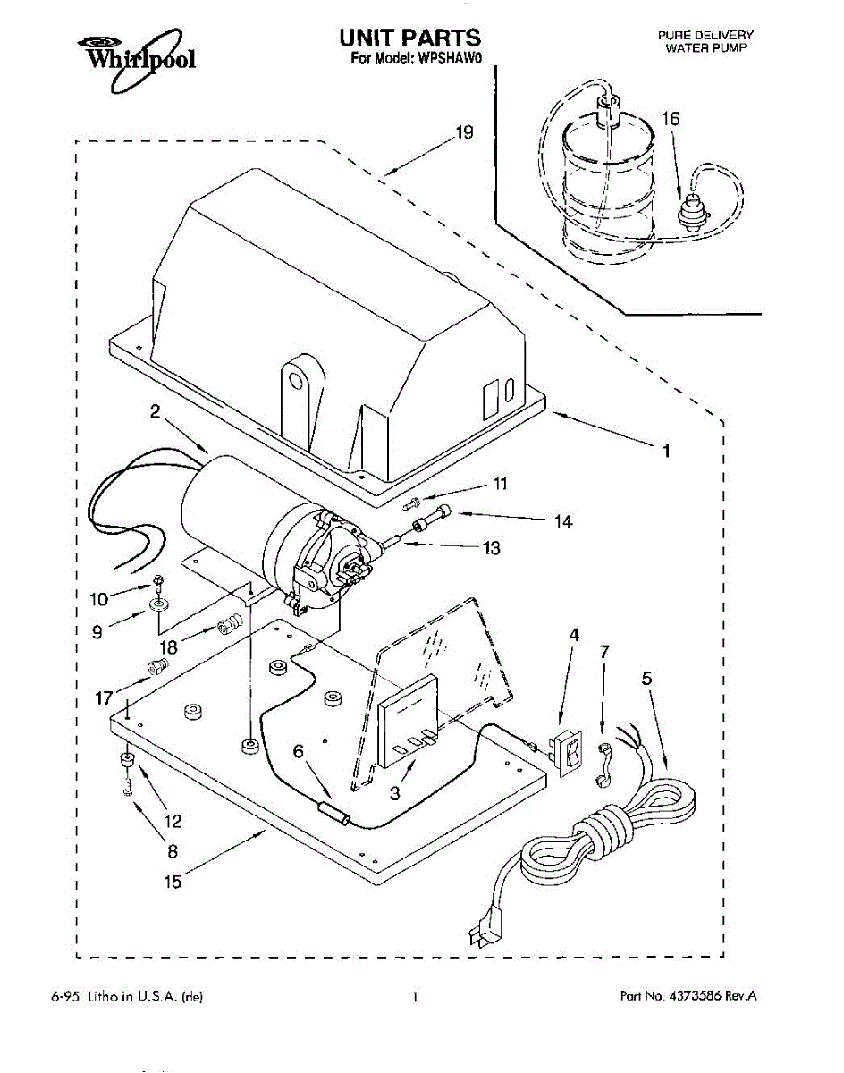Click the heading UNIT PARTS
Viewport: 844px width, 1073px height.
(409, 38)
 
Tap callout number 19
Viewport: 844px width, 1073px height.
(463, 132)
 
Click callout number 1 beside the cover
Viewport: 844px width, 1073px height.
(665, 452)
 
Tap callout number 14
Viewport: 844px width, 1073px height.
(563, 520)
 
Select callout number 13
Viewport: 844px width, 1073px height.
(491, 548)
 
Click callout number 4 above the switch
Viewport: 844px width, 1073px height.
(574, 635)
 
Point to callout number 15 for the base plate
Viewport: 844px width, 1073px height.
(173, 882)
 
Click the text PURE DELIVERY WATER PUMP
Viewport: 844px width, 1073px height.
(705, 40)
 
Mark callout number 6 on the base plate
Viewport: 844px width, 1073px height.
(298, 752)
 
